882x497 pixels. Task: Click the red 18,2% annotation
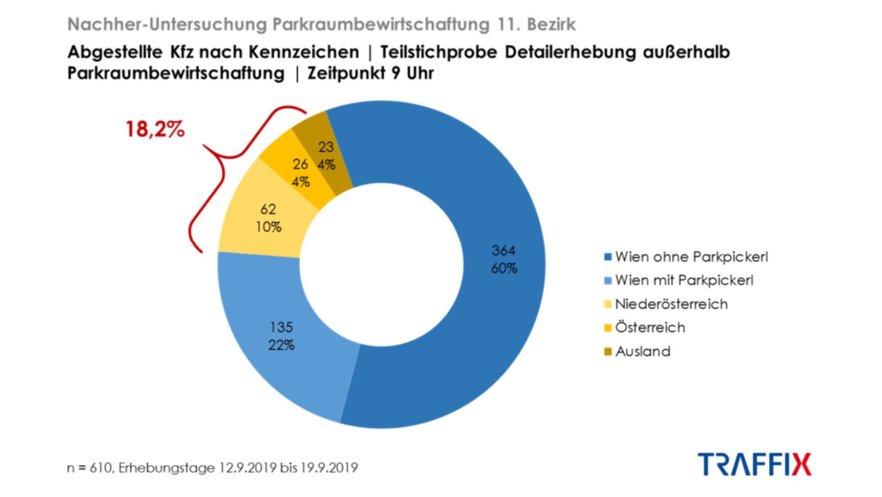click(155, 130)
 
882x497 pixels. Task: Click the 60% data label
click(504, 269)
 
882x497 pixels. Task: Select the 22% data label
click(281, 345)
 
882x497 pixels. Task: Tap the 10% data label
click(269, 227)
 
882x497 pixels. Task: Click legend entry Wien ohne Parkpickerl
click(691, 257)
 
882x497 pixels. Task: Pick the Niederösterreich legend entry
click(671, 304)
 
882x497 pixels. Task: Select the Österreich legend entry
click(650, 328)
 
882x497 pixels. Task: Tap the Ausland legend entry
click(643, 351)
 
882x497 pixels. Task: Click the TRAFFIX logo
click(755, 464)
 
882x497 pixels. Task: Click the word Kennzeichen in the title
click(304, 52)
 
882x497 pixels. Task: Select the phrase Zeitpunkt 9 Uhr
click(370, 73)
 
